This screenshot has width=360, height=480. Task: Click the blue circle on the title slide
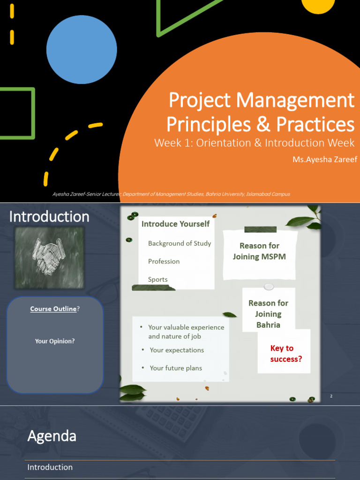coord(82,50)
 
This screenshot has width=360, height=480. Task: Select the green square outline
coord(17,113)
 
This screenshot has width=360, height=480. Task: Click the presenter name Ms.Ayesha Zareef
coord(324,159)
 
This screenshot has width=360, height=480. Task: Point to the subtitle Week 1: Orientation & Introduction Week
coord(254,143)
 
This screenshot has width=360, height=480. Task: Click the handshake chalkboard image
coord(50,258)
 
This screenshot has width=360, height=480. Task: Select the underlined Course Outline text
coord(53,309)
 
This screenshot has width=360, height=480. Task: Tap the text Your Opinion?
coord(55,341)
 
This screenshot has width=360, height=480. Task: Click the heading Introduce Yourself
coord(175,224)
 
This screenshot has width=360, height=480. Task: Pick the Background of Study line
coord(180,243)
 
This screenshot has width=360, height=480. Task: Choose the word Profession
coord(164,261)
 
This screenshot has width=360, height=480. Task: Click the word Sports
coord(157,279)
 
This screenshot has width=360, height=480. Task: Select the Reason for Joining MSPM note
coord(259,251)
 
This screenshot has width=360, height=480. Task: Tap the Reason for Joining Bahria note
coord(268,314)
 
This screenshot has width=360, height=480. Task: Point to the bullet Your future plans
coord(176,368)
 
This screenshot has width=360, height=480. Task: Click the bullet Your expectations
coord(177,350)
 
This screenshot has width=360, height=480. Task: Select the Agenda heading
coord(52,436)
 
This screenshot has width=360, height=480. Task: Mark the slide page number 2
coord(331,397)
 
